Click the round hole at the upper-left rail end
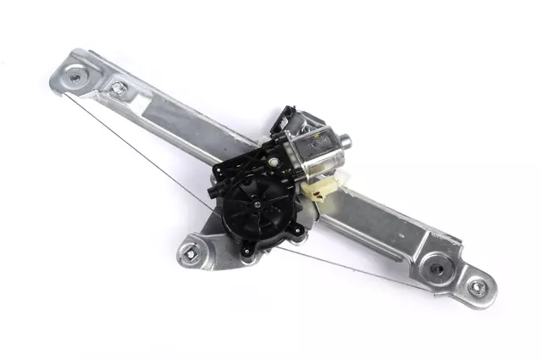click(x=75, y=76)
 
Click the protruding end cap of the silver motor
click(x=345, y=141)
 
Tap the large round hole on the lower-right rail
click(x=437, y=269)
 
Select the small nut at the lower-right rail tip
click(x=477, y=287)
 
